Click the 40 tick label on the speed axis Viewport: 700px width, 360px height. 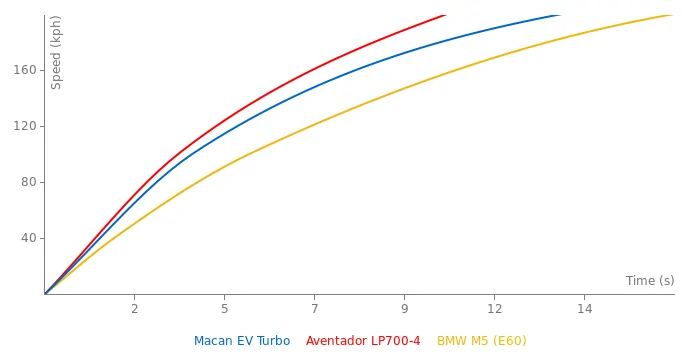click(26, 238)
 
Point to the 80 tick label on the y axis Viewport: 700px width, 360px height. click(26, 182)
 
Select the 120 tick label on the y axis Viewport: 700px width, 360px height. click(23, 126)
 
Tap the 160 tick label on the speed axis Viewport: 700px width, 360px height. click(23, 70)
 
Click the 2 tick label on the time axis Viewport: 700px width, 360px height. click(134, 309)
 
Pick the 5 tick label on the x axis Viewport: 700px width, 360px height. click(224, 309)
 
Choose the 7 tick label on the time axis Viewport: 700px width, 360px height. click(314, 309)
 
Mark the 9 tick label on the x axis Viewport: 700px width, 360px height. click(404, 309)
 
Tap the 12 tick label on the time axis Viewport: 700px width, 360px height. click(494, 309)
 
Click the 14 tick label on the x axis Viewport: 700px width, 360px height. click(584, 309)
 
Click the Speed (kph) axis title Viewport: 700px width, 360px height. click(57, 52)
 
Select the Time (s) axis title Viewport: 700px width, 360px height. click(649, 281)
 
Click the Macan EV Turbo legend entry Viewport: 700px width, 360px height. click(242, 341)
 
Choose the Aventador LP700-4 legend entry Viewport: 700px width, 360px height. click(363, 341)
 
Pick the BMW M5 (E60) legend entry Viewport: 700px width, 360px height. click(481, 341)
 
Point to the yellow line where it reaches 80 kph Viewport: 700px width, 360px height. click(199, 182)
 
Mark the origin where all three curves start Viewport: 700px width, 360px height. click(45, 294)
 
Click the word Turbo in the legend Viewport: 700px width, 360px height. click(272, 341)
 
